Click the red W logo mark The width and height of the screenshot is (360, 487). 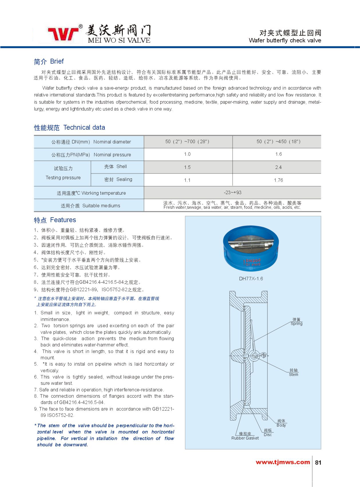[x=64, y=34]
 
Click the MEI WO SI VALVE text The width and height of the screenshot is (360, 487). [x=119, y=40]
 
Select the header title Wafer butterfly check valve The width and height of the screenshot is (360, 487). [x=285, y=40]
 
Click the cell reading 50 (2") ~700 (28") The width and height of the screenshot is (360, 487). [x=187, y=141]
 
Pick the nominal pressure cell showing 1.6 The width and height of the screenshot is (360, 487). [x=278, y=154]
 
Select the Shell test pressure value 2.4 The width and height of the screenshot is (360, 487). [x=278, y=167]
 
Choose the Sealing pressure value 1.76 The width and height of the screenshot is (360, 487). [x=278, y=180]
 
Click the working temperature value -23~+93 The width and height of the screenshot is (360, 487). [x=232, y=192]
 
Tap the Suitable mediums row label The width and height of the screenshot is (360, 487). [x=90, y=206]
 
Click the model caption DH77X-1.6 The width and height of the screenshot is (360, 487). [x=251, y=279]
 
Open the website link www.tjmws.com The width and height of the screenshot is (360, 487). [x=283, y=462]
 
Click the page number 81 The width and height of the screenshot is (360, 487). [x=318, y=463]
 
